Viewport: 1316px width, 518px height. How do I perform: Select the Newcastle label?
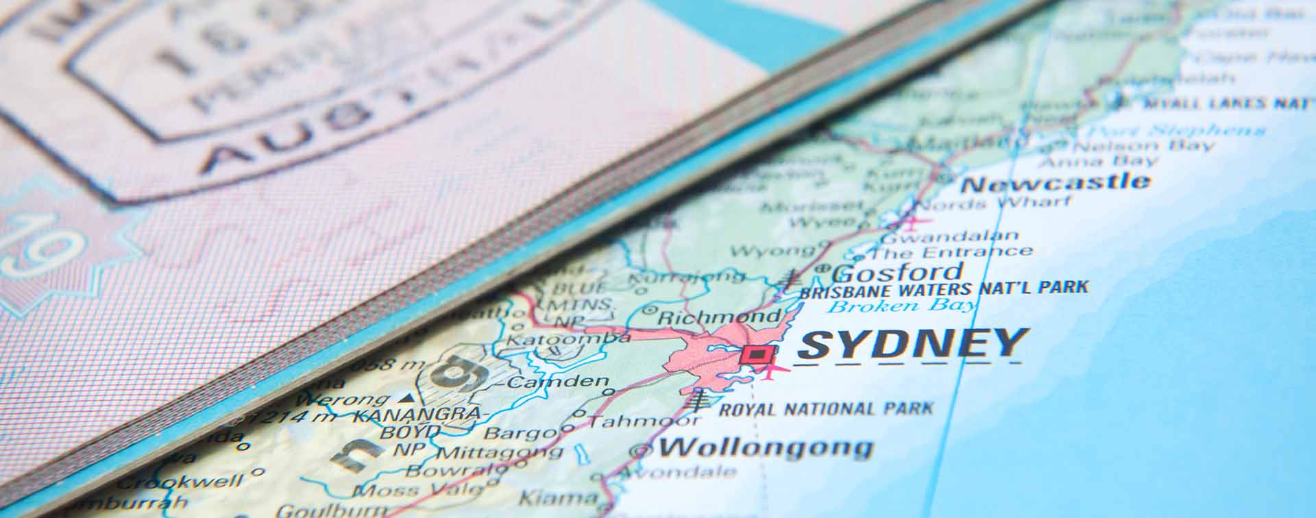(1056, 183)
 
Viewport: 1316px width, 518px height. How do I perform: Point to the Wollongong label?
(765, 448)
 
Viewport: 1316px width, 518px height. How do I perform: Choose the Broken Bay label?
(901, 306)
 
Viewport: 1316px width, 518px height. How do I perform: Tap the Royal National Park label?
(826, 410)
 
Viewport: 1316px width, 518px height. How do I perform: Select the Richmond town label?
(718, 317)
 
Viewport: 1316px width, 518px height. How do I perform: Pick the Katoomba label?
(568, 339)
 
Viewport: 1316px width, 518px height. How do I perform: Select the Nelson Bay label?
(1142, 146)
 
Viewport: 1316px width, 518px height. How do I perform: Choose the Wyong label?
(771, 251)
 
